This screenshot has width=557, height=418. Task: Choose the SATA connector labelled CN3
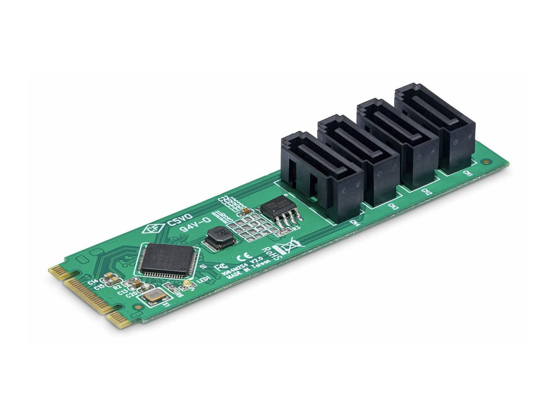(360, 160)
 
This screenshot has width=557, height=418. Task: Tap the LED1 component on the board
(187, 283)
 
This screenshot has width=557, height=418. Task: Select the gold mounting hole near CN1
(486, 162)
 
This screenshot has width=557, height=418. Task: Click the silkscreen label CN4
(356, 223)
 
